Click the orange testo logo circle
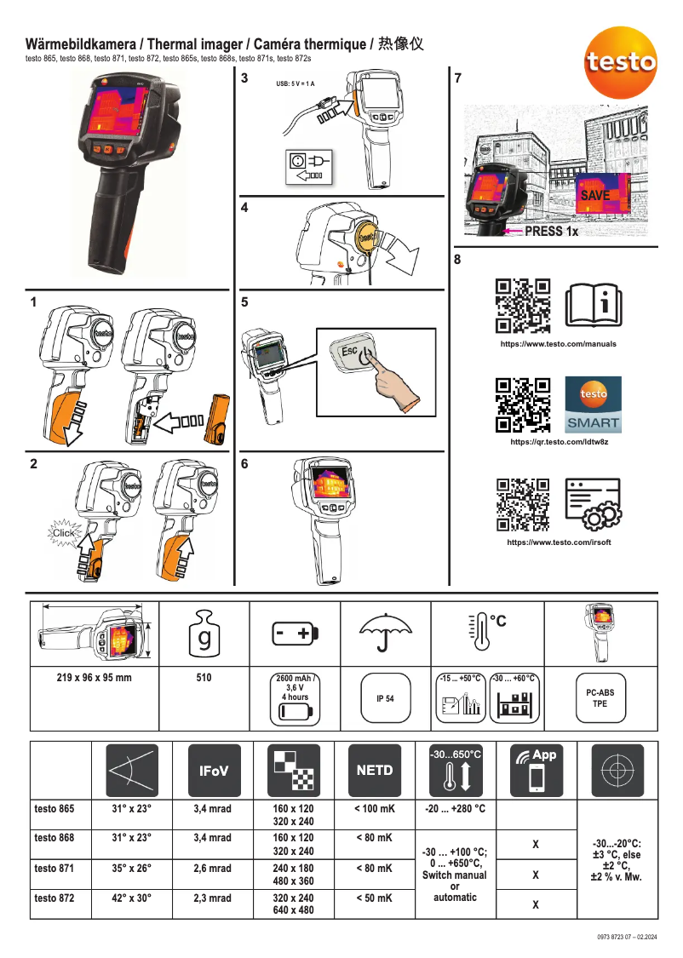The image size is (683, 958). click(x=619, y=60)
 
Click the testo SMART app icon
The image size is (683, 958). click(x=594, y=404)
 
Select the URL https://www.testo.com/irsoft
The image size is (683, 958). click(x=559, y=542)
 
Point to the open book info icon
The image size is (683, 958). click(x=594, y=304)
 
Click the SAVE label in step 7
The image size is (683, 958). click(x=595, y=195)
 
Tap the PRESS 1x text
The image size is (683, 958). click(x=551, y=231)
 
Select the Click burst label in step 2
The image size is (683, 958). click(x=64, y=533)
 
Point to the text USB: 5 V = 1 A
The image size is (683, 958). click(x=295, y=83)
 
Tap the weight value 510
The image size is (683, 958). click(x=204, y=678)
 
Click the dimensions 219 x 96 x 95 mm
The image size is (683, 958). click(x=95, y=678)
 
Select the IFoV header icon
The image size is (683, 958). click(x=212, y=770)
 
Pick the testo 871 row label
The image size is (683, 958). click(x=55, y=869)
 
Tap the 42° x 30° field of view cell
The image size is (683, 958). click(x=132, y=898)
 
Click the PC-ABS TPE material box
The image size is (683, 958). click(x=600, y=698)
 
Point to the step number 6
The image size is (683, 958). click(x=244, y=464)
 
